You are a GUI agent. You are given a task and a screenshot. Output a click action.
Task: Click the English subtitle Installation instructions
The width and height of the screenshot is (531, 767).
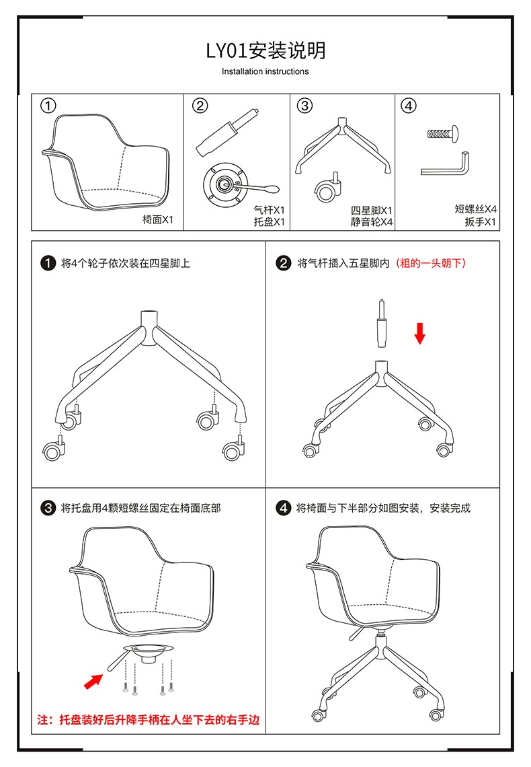point(265,71)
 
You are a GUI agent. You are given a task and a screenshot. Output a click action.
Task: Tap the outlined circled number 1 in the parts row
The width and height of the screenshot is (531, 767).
point(48,106)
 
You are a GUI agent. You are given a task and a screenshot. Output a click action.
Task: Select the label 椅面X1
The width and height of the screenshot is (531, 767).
point(158,219)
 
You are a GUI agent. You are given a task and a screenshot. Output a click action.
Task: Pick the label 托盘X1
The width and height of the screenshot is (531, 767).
point(270,221)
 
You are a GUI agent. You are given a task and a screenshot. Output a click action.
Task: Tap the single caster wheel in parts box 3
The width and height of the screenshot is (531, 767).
point(327,190)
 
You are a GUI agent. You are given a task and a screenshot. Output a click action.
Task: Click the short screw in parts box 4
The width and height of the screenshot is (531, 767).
point(443,133)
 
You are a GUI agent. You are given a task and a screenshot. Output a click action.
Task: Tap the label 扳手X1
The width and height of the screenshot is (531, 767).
point(480,221)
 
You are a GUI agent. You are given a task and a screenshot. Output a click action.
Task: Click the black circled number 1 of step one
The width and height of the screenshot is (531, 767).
point(48,263)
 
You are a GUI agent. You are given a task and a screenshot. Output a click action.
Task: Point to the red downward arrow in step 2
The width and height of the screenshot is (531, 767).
point(420,332)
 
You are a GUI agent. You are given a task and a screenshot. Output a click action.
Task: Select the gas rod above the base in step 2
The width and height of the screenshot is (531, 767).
point(381,324)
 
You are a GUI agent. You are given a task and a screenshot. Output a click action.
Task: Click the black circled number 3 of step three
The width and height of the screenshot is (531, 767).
point(48,508)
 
